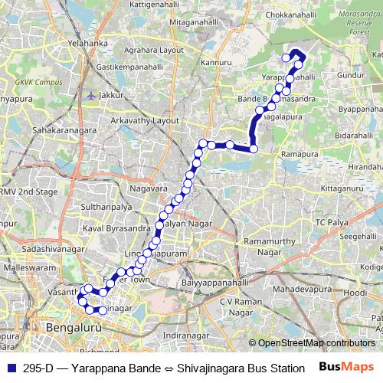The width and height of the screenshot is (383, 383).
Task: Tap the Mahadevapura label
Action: (300, 292)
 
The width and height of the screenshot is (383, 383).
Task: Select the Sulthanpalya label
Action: (111, 207)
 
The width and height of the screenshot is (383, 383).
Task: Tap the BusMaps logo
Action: (352, 368)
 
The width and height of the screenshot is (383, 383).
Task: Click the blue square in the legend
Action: (10, 368)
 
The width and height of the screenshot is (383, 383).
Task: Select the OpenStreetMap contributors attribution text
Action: (316, 343)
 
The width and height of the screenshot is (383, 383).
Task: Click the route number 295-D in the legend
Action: (38, 368)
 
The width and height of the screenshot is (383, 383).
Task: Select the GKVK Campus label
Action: (40, 82)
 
